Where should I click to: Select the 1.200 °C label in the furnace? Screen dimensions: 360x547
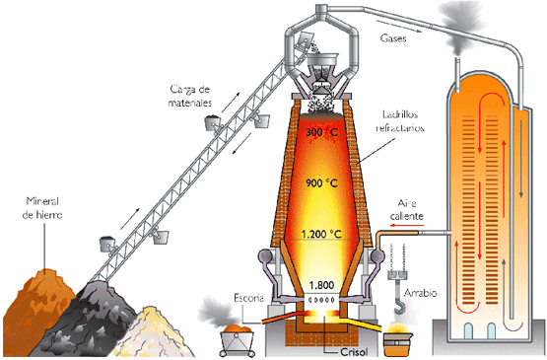319,236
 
